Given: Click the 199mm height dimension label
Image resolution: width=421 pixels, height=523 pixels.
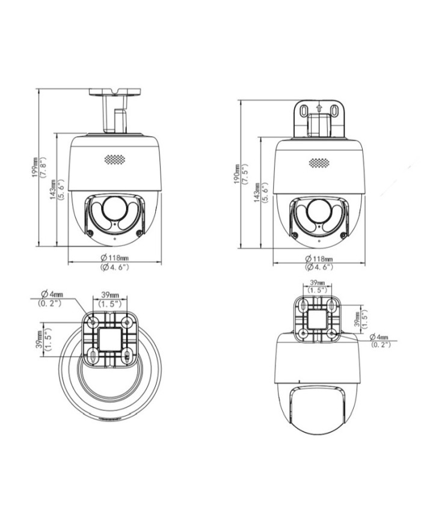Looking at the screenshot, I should coord(35,168).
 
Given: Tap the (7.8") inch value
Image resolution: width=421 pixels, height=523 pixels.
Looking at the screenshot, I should coord(43,168).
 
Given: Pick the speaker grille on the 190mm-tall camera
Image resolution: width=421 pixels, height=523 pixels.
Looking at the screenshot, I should coord(319,163).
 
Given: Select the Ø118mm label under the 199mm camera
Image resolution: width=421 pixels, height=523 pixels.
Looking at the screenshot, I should coord(114,258).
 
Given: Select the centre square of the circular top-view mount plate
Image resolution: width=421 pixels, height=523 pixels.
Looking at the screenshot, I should coord(111,338).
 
